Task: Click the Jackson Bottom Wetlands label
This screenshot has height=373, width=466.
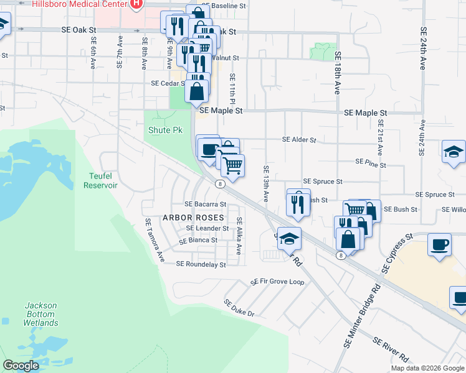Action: coord(41,314)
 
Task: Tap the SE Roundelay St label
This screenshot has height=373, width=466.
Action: coord(201,264)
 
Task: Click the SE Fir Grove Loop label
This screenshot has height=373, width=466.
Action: coord(277,282)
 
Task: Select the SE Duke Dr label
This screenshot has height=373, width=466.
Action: coord(240,308)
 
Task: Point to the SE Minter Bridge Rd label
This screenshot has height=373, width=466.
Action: coord(362,316)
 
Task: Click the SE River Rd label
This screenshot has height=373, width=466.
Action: coord(391,350)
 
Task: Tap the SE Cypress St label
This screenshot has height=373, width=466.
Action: coord(397,254)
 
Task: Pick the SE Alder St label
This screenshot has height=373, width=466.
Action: coord(299,140)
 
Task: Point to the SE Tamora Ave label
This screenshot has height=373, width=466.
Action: coord(153,239)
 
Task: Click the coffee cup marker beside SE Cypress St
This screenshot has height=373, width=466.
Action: coord(440,244)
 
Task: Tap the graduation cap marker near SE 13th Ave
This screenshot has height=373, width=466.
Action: coord(289,239)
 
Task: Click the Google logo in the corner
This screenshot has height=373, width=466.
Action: coord(21,366)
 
